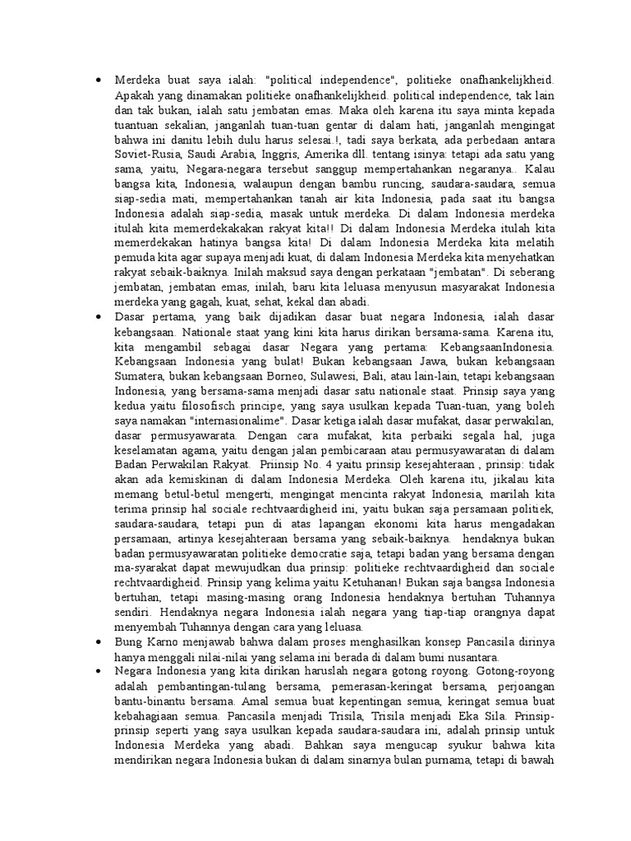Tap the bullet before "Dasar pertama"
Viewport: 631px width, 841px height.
click(99, 318)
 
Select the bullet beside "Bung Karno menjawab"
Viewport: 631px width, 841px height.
click(99, 643)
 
